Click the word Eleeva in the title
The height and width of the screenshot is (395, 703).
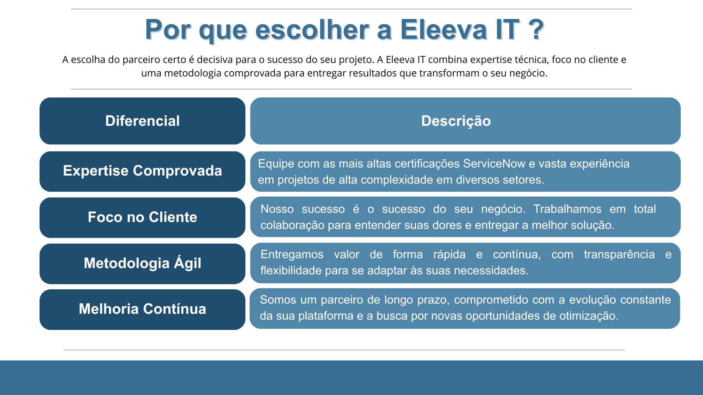pos(444,30)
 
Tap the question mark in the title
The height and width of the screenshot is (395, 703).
pos(536,30)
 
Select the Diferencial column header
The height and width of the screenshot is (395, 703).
pos(142,121)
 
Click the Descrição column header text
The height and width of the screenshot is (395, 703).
pos(456,121)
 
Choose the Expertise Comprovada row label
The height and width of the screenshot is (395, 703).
pos(142,171)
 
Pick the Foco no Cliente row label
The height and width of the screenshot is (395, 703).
pos(142,217)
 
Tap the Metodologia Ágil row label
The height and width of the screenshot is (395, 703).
pos(142,263)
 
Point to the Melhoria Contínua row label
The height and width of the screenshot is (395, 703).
pos(142,309)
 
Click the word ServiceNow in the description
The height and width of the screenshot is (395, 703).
pos(494,163)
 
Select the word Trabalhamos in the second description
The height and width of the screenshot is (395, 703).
pos(567,209)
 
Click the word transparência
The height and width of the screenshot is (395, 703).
pos(619,255)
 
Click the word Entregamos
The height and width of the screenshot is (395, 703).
pos(292,255)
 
